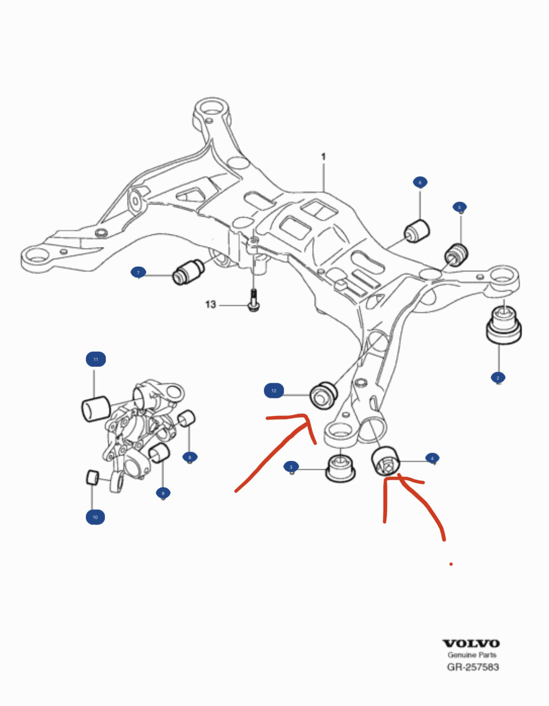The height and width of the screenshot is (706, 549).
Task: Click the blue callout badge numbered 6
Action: (420, 183)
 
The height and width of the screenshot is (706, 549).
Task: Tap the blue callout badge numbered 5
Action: (460, 208)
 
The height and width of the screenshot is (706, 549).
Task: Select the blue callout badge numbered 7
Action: (138, 272)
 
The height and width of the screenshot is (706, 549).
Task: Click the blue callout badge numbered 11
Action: (96, 359)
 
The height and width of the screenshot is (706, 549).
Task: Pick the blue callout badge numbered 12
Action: (274, 391)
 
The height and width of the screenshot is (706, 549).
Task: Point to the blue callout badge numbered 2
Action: (498, 377)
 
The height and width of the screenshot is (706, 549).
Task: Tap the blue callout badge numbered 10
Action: (95, 517)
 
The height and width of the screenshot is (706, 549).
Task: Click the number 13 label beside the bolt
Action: (210, 305)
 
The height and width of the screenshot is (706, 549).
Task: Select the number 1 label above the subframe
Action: (323, 157)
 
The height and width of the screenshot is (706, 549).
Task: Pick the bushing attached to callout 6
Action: (417, 231)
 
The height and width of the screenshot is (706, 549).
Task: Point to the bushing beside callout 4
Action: (386, 460)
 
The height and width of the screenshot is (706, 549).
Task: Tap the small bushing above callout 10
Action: (92, 477)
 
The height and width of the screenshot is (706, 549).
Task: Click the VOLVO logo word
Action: (471, 644)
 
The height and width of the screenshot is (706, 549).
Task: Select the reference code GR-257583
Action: (473, 667)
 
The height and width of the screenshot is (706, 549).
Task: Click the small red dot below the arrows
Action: (451, 564)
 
